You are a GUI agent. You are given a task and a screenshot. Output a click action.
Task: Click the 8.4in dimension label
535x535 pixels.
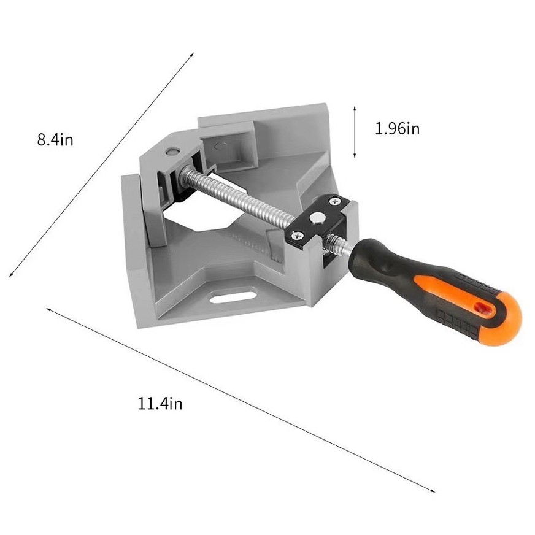pos(55,139)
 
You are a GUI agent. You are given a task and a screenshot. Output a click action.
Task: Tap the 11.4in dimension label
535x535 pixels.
pos(160,404)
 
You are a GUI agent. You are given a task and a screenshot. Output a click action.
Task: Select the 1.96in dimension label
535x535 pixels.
pos(397,129)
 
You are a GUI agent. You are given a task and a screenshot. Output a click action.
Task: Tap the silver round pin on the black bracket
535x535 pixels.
pos(318,217)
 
